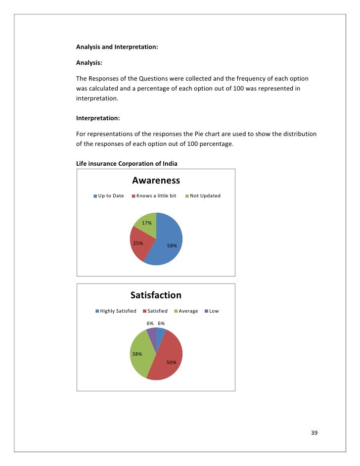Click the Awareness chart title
(156, 181)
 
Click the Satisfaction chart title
(156, 295)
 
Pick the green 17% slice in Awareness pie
(147, 222)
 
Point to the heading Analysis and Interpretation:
(117, 47)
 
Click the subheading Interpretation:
(97, 119)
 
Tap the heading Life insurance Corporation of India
(127, 163)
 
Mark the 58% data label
(172, 245)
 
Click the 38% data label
(137, 354)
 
